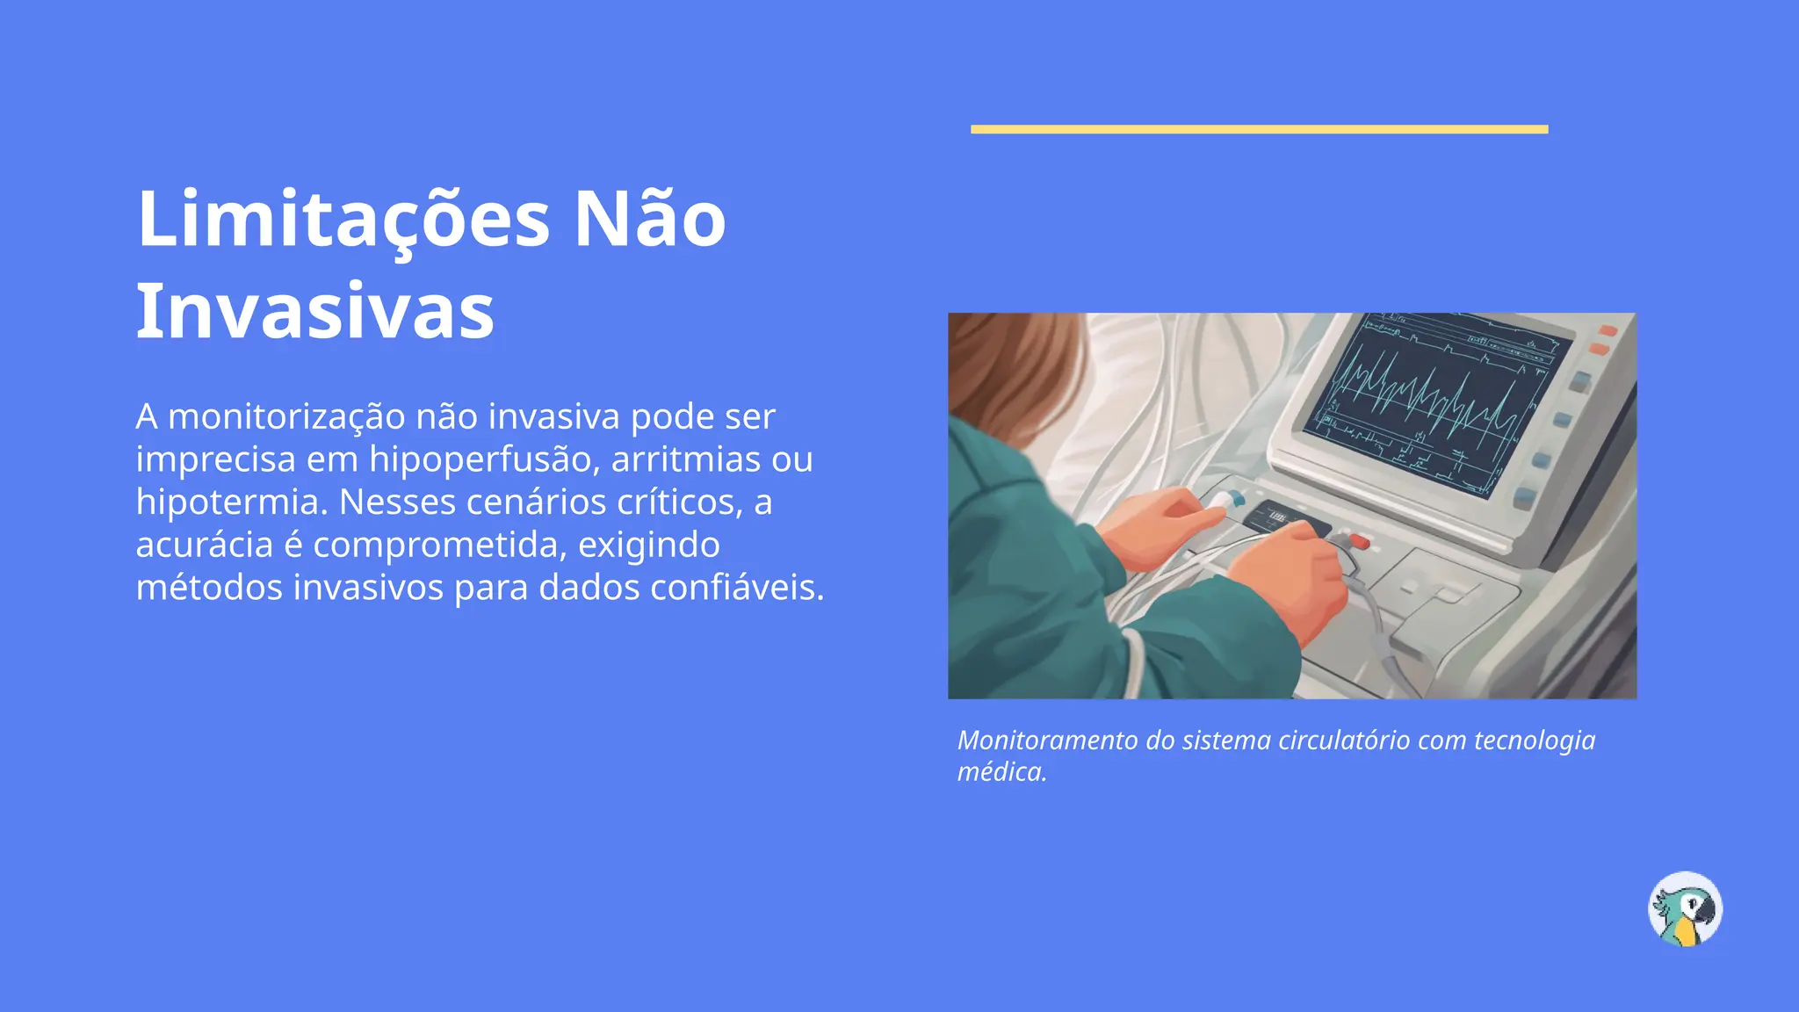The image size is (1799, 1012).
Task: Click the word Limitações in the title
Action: tap(343, 220)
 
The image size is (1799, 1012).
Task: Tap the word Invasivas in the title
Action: tap(315, 311)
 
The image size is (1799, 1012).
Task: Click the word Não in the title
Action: tap(650, 220)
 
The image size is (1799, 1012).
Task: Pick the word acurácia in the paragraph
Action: tap(205, 546)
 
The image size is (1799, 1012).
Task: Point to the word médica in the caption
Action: tap(1001, 772)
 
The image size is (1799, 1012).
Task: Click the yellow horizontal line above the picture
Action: tap(1259, 129)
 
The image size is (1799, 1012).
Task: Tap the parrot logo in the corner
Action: tap(1685, 908)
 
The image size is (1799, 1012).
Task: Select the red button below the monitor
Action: tap(1359, 540)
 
